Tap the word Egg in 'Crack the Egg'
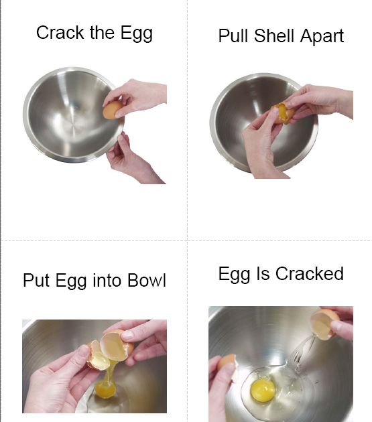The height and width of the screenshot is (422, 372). point(136,33)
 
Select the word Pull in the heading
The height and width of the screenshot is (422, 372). point(233,36)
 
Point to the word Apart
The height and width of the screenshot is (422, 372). point(322,36)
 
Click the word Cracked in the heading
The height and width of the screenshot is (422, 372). point(309,273)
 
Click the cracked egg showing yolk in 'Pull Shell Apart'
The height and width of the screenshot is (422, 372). point(282,114)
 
